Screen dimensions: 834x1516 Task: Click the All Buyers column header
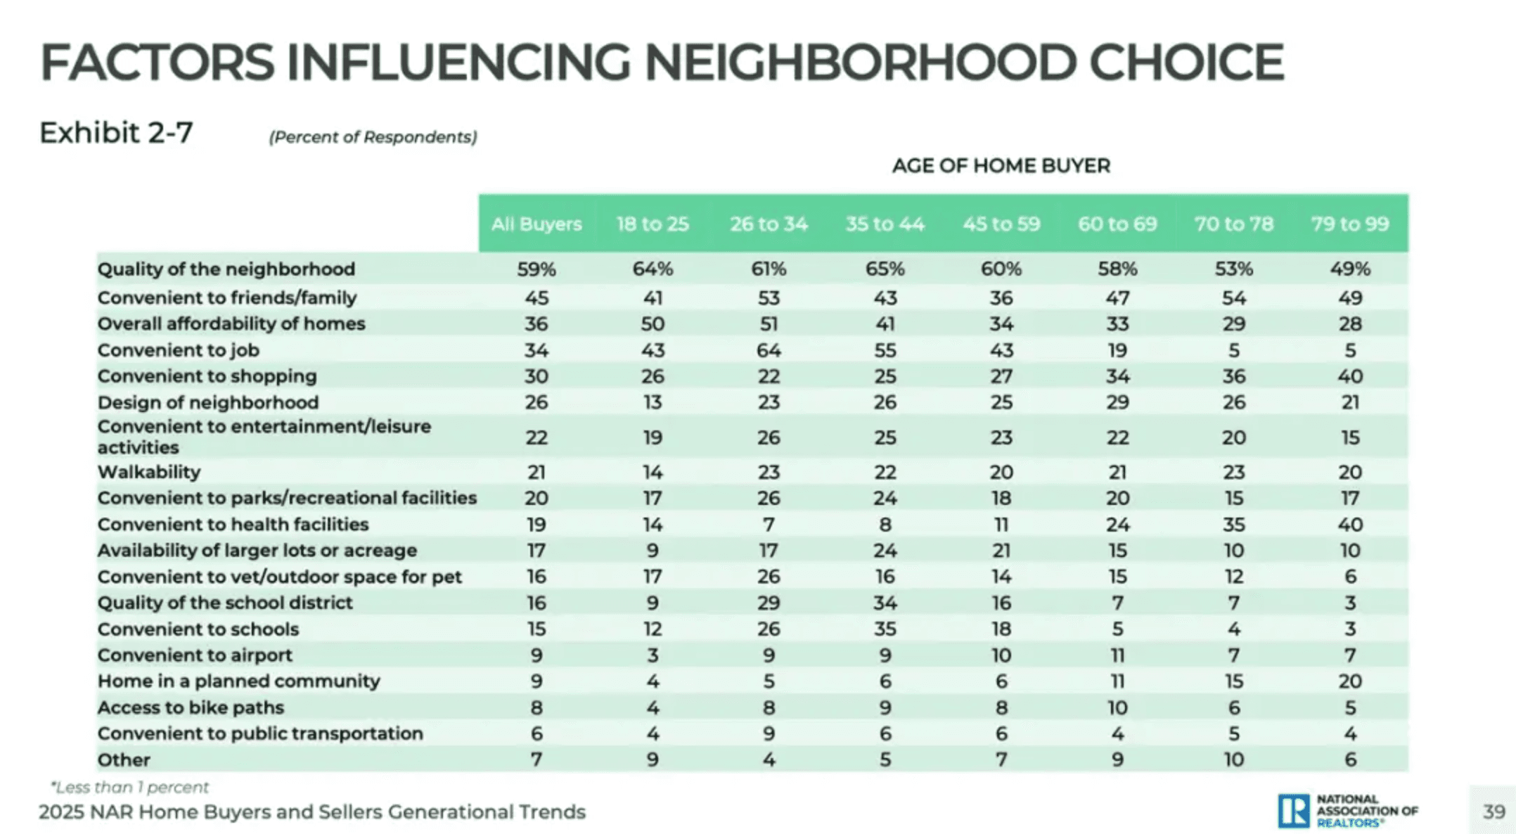pos(536,224)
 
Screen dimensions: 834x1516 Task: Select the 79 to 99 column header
pos(1349,224)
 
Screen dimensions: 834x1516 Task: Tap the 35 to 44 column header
pos(885,224)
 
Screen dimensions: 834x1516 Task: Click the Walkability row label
pos(149,472)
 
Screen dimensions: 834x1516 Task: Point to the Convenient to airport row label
pos(195,655)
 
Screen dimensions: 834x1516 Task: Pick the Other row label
pos(124,759)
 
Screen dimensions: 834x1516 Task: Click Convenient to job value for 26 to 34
pos(768,349)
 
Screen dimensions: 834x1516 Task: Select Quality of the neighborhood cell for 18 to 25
pos(652,269)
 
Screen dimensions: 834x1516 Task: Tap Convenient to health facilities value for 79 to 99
pos(1349,524)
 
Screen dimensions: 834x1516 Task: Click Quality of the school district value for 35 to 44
pos(885,603)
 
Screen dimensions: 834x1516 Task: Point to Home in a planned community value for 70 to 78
pos(1233,681)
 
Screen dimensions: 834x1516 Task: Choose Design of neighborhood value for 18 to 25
pos(652,402)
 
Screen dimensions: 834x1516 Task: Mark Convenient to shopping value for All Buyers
pos(536,376)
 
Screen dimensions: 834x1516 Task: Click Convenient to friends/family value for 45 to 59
pos(1001,297)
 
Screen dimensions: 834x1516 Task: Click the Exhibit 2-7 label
pos(116,132)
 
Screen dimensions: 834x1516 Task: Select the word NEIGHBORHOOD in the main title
pos(859,62)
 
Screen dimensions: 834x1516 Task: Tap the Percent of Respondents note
pos(373,137)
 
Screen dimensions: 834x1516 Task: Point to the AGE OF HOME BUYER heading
pos(1001,166)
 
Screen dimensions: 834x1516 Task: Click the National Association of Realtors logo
pos(1347,811)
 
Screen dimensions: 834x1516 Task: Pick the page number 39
pos(1493,811)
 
